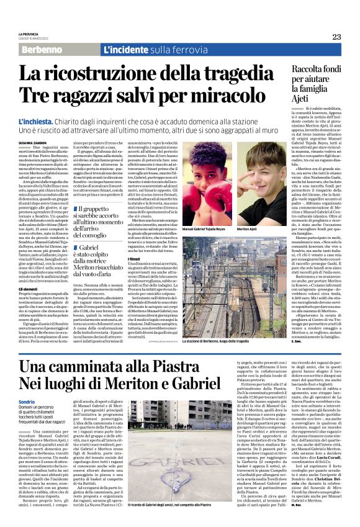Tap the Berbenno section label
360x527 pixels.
43,49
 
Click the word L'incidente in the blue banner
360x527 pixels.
127,49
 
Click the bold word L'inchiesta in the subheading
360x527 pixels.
40,122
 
